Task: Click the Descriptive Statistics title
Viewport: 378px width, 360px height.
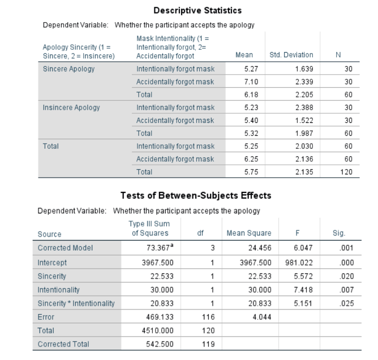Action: (197, 10)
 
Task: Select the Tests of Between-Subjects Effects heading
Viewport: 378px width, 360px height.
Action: (195, 196)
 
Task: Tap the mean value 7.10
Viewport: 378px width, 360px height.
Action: (244, 82)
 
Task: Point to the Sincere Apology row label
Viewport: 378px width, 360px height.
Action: (69, 69)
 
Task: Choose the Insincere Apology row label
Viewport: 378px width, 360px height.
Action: (71, 107)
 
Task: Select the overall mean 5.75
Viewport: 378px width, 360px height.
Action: (244, 171)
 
